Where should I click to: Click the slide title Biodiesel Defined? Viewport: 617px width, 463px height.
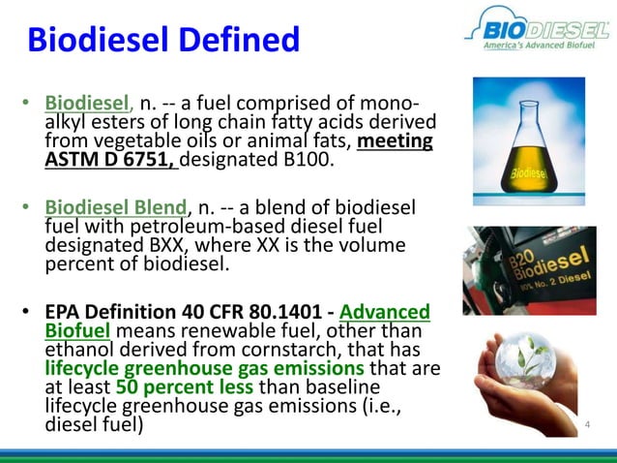click(x=162, y=40)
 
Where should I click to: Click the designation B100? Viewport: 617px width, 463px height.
click(x=302, y=159)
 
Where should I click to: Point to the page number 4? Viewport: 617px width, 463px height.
click(x=587, y=424)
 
